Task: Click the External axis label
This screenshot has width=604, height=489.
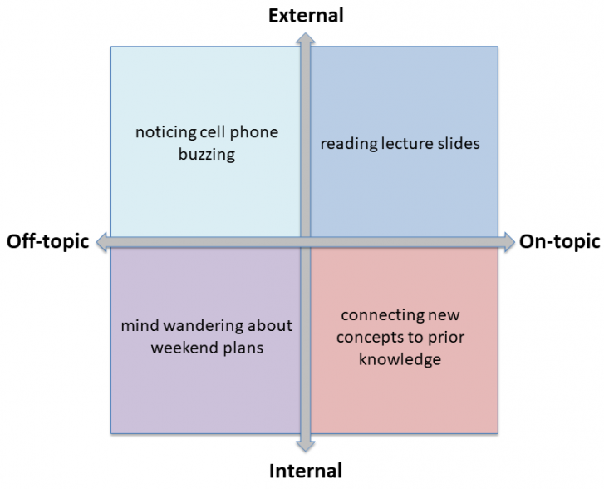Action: click(305, 14)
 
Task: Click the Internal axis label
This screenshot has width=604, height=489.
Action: click(305, 472)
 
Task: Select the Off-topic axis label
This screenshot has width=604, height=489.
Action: click(47, 242)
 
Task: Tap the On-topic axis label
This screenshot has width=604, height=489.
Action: click(559, 242)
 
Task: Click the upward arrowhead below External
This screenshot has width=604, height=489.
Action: click(305, 37)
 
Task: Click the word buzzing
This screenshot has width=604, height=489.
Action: click(207, 154)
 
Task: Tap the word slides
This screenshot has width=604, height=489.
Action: click(460, 143)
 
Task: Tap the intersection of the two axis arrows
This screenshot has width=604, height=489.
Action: click(305, 242)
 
